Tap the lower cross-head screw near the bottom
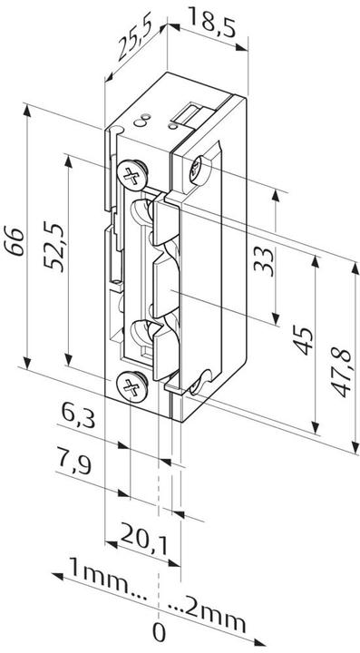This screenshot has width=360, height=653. point(131,389)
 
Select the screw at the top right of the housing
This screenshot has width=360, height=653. point(202,165)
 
